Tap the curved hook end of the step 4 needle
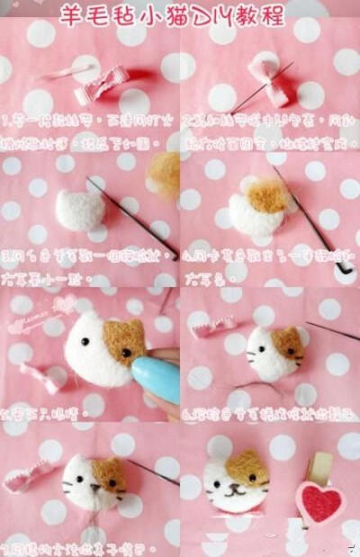pos(341,267)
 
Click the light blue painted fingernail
pos(154,379)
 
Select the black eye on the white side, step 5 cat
pos(87,343)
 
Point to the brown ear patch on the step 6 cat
pos(288,343)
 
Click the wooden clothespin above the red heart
pos(319,469)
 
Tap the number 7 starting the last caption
pos(6,546)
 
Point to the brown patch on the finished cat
pos(247,466)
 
